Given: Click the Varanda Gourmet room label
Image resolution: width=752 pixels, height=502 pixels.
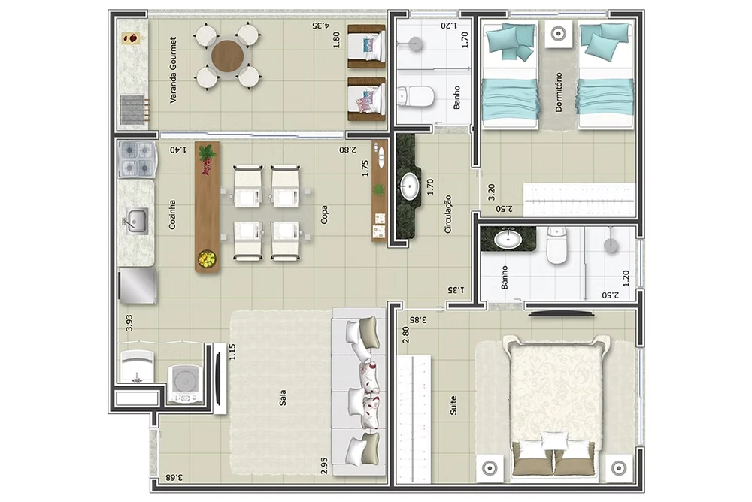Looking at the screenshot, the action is point(173,70).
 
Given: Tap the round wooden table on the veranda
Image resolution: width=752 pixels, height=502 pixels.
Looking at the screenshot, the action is point(227,56).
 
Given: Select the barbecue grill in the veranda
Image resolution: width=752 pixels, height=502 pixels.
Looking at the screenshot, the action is point(133,109).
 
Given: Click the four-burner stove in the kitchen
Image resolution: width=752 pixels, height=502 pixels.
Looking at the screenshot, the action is point(137,159).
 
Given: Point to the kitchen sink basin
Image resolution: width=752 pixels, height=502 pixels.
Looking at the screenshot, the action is point(137,221).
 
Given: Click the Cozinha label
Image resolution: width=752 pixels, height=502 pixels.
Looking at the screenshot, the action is point(172,215).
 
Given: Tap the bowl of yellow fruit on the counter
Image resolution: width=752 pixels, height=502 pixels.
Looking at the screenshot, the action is point(208,259).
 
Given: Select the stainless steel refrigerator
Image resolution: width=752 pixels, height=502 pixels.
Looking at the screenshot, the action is point(138,286).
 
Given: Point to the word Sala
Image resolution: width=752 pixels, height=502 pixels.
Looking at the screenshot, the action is point(283,398).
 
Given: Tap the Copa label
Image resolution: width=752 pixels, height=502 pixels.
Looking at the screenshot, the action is point(324,215).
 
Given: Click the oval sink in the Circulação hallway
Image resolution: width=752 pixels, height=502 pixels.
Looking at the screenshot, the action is point(410,186).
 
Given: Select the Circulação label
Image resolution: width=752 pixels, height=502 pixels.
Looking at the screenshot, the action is point(448,214).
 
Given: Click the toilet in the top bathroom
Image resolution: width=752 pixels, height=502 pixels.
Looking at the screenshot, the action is point(416,96).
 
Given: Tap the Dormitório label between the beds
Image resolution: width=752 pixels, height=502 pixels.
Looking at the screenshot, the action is point(558,92).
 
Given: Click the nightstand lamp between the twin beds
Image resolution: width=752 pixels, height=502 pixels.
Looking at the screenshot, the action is point(558,34).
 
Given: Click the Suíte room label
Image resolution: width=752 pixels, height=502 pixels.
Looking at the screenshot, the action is point(453,405).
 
